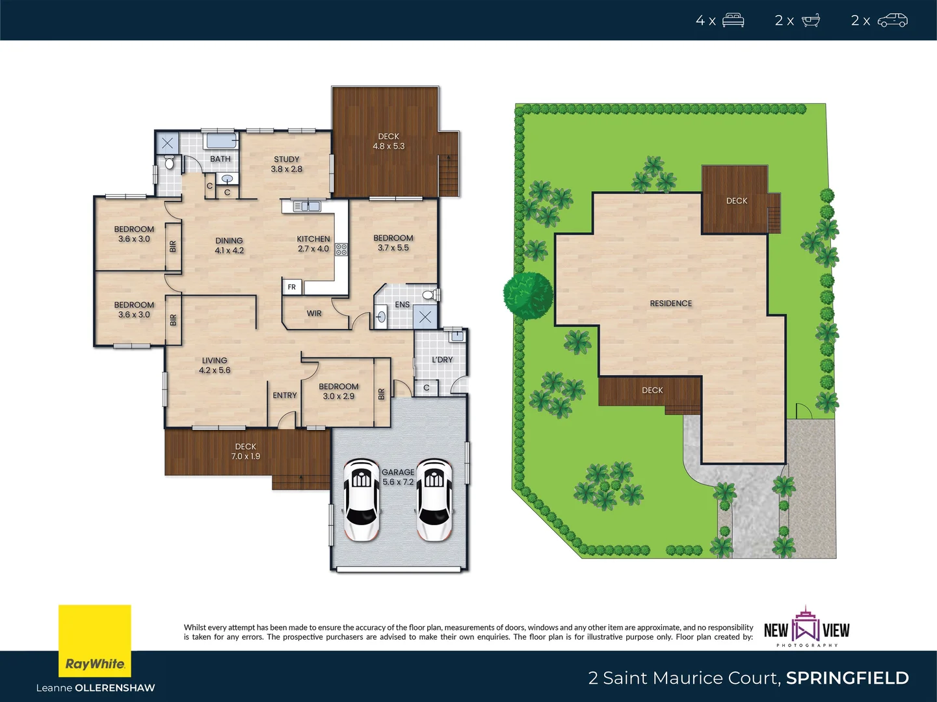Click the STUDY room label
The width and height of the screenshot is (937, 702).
(286, 164)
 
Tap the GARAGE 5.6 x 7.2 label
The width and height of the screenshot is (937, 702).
(398, 477)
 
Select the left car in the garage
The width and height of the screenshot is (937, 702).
(362, 500)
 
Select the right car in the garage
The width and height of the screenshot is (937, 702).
(434, 500)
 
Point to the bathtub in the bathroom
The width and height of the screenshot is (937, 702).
(221, 140)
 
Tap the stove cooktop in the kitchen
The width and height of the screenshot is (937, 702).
(341, 249)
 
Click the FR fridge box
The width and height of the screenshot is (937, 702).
(292, 287)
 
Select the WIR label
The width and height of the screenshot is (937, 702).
(314, 313)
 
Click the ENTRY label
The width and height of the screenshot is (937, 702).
(285, 395)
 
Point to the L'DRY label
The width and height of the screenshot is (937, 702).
(442, 359)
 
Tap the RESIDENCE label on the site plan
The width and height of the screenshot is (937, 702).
(671, 304)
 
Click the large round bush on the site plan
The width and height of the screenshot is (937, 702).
(528, 295)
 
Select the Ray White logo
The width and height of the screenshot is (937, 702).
(95, 641)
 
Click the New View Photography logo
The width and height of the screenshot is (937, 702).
(806, 629)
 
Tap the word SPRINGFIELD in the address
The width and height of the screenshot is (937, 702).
(847, 678)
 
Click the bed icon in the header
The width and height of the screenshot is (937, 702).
(733, 20)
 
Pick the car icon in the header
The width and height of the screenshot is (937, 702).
(892, 20)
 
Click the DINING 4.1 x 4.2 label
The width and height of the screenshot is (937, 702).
(229, 245)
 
